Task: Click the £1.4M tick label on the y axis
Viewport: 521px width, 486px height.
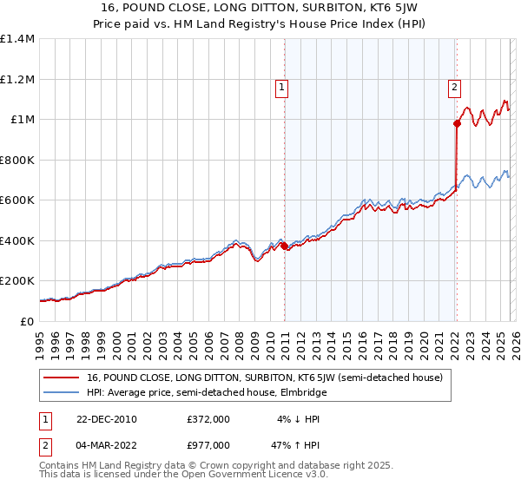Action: [16, 39]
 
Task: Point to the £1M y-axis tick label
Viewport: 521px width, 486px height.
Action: [22, 120]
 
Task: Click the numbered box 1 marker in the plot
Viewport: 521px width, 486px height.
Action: [282, 87]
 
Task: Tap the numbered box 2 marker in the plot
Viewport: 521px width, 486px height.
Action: [454, 87]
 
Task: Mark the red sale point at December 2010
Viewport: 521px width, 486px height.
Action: [284, 246]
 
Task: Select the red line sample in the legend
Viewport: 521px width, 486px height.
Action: [62, 378]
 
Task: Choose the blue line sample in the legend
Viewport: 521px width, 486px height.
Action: [62, 392]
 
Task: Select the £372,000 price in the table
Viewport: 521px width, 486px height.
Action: [208, 419]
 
